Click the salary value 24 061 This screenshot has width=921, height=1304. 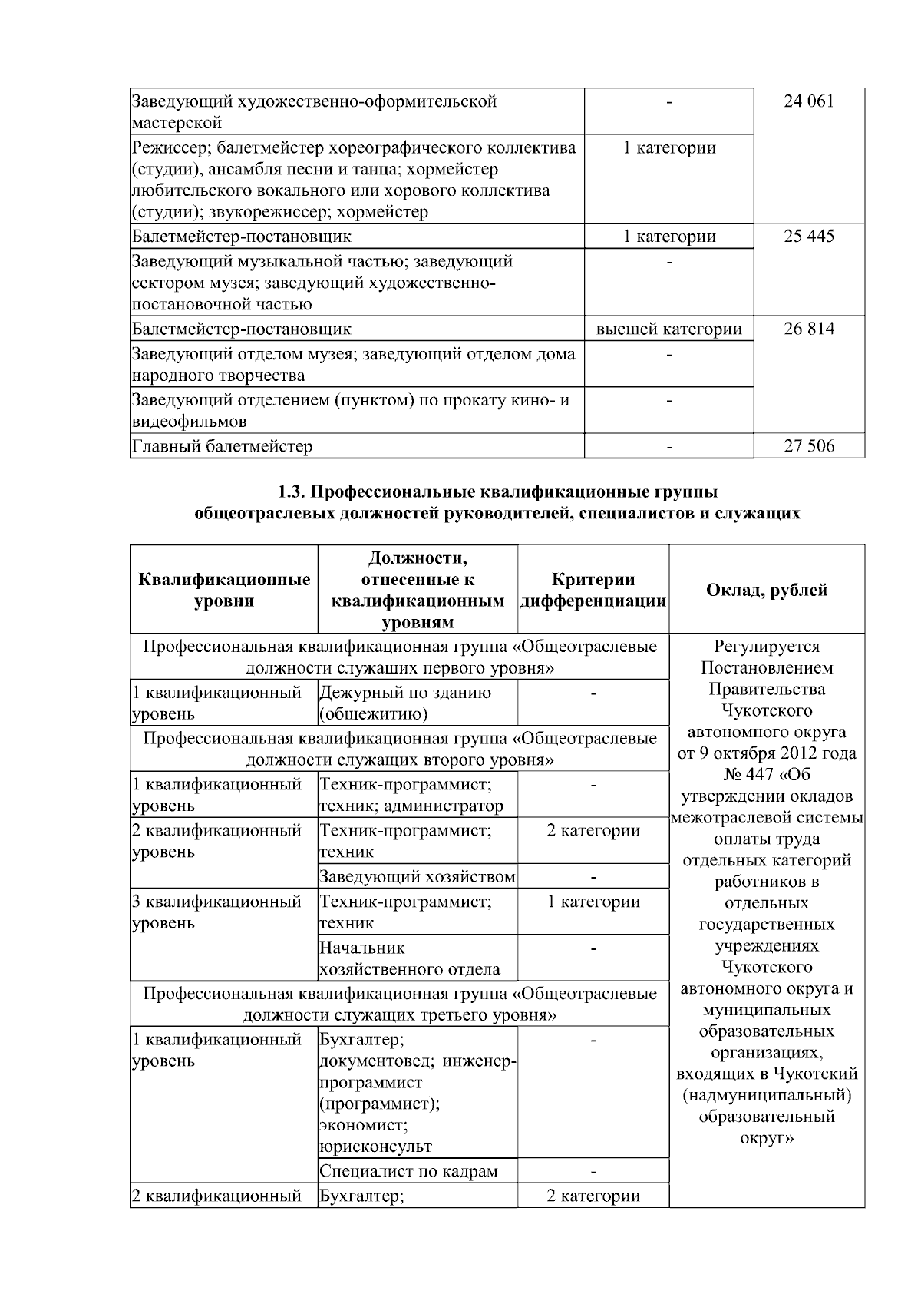coord(808,101)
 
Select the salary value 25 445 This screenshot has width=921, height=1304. coord(808,236)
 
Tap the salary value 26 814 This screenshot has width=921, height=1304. coord(808,329)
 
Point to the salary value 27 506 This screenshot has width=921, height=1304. coord(808,446)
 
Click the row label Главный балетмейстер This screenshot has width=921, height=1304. coord(223,446)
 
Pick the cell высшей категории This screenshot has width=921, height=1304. coord(668,329)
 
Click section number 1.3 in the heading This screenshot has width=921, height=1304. coord(292,491)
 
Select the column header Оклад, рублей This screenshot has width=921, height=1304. coord(766,590)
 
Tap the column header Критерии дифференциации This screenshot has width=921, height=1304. coord(593,591)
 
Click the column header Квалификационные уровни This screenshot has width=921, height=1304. coord(224,591)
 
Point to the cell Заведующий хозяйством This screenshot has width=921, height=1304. coord(417,876)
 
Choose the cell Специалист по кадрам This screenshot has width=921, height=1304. coord(408,1171)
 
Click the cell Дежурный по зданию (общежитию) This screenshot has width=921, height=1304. coord(404,703)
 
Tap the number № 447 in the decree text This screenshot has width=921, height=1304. coord(749,774)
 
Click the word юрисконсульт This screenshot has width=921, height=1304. coord(375,1147)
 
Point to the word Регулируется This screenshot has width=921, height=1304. coord(766,646)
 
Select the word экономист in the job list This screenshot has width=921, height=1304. coord(362,1125)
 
